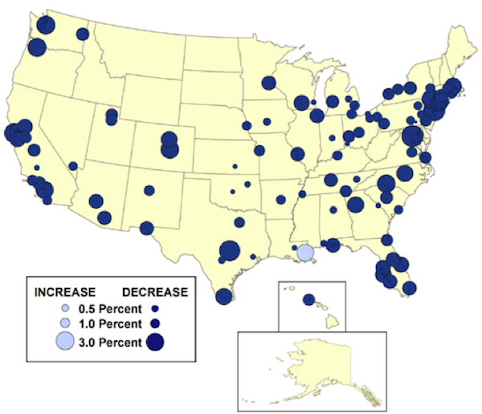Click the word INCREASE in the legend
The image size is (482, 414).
(65, 291)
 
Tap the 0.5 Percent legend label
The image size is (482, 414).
(110, 309)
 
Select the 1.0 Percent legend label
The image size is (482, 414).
(110, 324)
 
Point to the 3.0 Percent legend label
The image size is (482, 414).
(110, 343)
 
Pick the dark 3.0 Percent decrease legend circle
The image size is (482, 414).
(154, 343)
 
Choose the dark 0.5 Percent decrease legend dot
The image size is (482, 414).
(154, 309)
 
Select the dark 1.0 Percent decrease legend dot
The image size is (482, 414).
(154, 324)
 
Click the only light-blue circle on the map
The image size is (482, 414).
(304, 253)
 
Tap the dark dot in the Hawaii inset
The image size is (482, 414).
(308, 300)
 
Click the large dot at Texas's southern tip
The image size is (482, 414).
(224, 296)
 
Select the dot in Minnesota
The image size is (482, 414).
(268, 83)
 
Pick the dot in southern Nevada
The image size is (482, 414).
(73, 166)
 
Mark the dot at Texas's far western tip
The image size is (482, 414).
(146, 228)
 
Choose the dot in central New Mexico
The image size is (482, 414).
(149, 191)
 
